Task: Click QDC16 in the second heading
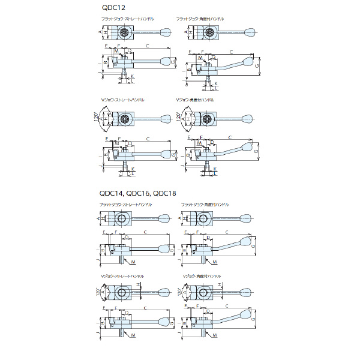tap(137, 193)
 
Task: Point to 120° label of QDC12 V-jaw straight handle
tap(96, 116)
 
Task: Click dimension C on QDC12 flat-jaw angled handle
tap(231, 52)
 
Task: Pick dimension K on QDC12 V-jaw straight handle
tap(133, 169)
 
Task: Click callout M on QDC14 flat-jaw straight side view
tap(133, 263)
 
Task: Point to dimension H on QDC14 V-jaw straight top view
tap(139, 284)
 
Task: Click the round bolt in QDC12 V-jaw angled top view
tap(205, 119)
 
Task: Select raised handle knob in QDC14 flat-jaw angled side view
tap(244, 241)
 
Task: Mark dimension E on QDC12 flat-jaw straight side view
tap(106, 46)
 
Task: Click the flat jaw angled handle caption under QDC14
tap(205, 206)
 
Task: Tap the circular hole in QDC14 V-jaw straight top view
tap(122, 294)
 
